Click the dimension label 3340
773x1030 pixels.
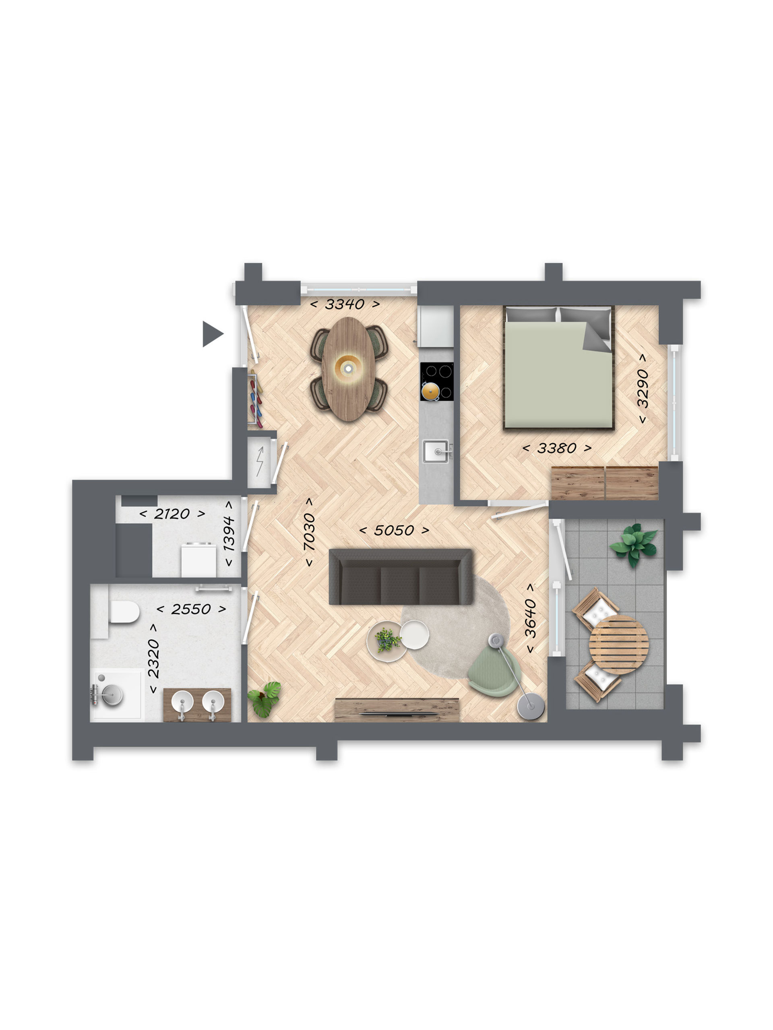pos(344,304)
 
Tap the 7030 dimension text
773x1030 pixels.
pos(309,532)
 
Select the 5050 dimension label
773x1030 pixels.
pos(394,530)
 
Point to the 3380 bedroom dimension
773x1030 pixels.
pos(556,448)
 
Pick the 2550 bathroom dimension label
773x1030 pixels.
pos(191,609)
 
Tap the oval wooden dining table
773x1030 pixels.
pos(348,369)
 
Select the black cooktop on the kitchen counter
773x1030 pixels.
pos(436,381)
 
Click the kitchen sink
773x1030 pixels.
pos(436,451)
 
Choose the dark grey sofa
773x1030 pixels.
pos(401,577)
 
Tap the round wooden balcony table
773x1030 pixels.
pos(618,645)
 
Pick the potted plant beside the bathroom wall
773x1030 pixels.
pos(264,698)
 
